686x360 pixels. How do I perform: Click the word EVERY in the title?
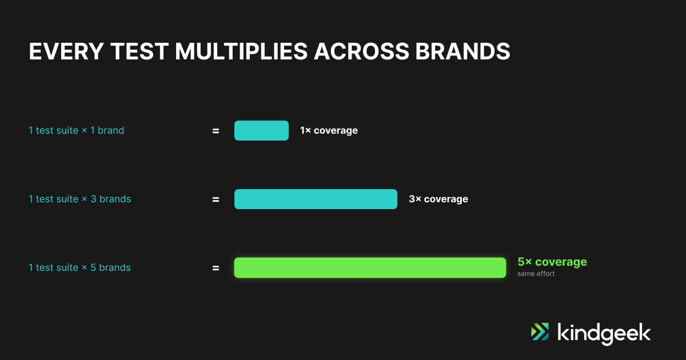pyautogui.click(x=66, y=51)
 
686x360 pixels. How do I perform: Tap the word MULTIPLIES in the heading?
pyautogui.click(x=241, y=51)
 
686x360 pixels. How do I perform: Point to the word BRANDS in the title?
pyautogui.click(x=462, y=51)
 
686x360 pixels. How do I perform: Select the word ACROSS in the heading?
pyautogui.click(x=362, y=51)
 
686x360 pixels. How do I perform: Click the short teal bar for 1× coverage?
pyautogui.click(x=262, y=131)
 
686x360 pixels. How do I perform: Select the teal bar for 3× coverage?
pyautogui.click(x=316, y=199)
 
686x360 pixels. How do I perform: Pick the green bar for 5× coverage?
pyautogui.click(x=370, y=268)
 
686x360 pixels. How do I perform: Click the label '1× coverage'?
pyautogui.click(x=329, y=131)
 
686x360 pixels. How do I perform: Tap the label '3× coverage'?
pyautogui.click(x=438, y=199)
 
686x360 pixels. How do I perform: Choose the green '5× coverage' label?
pyautogui.click(x=552, y=262)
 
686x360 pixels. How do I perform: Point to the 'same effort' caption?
pyautogui.click(x=536, y=274)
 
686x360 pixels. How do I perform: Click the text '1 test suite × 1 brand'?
pyautogui.click(x=76, y=131)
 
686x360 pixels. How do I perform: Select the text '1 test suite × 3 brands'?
pyautogui.click(x=79, y=199)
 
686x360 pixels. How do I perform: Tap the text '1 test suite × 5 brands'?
pyautogui.click(x=79, y=268)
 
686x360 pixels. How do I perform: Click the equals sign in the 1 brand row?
pyautogui.click(x=216, y=131)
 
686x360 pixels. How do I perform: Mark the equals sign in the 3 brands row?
pyautogui.click(x=216, y=199)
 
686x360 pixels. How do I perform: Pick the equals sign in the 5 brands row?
pyautogui.click(x=216, y=268)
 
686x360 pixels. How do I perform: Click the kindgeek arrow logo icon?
pyautogui.click(x=540, y=331)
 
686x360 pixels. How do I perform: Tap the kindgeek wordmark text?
pyautogui.click(x=604, y=334)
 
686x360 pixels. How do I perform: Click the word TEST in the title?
pyautogui.click(x=139, y=51)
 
